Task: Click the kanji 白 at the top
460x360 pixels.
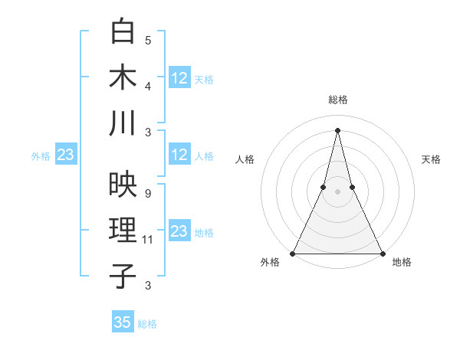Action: pos(123,33)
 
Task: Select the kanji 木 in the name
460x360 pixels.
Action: pos(123,77)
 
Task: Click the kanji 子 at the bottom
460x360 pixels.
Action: pos(123,276)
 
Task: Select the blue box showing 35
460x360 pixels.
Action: pos(123,322)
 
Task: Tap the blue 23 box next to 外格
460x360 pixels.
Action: pos(65,155)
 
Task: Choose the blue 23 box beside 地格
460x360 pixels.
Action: pos(179,231)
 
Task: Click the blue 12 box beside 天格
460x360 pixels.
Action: pos(179,78)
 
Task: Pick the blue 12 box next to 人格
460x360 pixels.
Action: pos(179,155)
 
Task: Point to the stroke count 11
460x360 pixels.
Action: pos(148,240)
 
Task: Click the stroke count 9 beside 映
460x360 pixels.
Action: pos(147,194)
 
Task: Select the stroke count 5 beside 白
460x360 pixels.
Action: pos(147,41)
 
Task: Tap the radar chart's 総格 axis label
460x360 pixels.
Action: pos(337,100)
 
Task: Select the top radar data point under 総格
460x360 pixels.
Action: pos(337,129)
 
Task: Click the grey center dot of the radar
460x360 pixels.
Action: pos(337,191)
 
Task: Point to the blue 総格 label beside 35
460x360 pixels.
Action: pos(147,324)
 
